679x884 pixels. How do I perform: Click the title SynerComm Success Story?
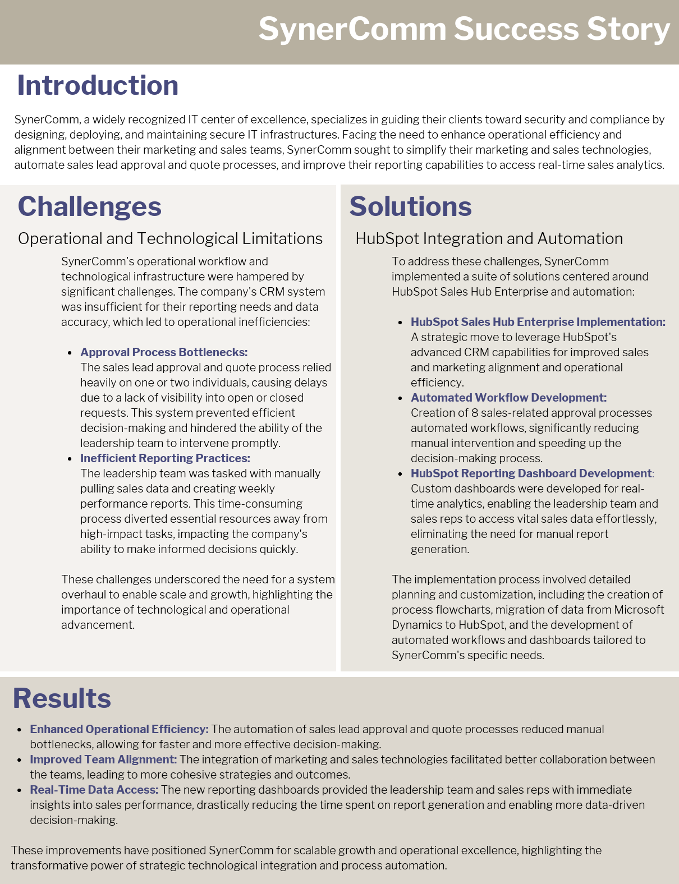[464, 29]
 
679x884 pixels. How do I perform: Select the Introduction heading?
[98, 85]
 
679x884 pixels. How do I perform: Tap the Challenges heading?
[90, 206]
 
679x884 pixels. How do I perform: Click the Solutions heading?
[410, 206]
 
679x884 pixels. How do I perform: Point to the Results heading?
[62, 698]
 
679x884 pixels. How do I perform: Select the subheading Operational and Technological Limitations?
[170, 238]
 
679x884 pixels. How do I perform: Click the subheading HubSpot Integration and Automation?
[489, 238]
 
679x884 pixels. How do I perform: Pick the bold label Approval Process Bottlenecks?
[164, 352]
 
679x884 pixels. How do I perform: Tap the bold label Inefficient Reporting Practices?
[165, 458]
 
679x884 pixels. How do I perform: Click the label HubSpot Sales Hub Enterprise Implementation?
[538, 322]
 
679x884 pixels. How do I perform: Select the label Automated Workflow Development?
[508, 398]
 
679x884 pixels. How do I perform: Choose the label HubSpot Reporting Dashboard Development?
[531, 473]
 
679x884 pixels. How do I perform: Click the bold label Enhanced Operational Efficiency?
[119, 729]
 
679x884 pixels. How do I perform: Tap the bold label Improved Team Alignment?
[103, 759]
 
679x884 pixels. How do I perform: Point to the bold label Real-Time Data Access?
[94, 790]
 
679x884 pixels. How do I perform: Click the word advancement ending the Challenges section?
[97, 625]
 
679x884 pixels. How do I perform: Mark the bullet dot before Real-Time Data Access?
[19, 790]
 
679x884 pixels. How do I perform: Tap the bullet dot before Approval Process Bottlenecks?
[70, 353]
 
